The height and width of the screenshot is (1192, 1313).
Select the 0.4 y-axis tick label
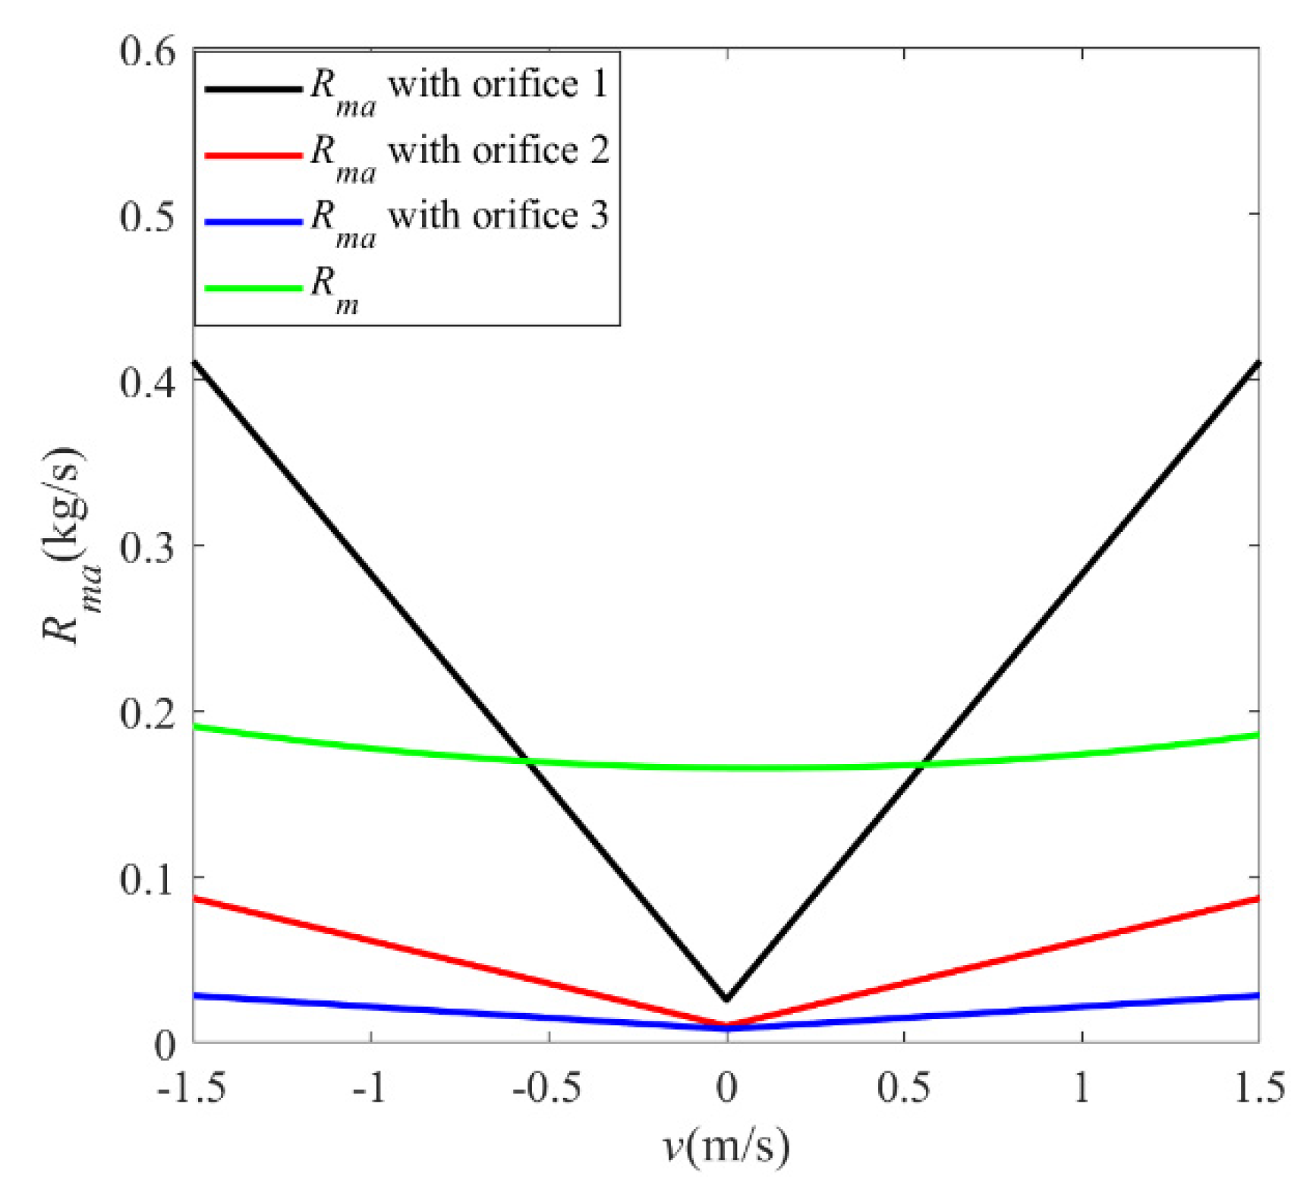[147, 381]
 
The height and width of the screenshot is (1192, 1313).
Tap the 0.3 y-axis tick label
[147, 546]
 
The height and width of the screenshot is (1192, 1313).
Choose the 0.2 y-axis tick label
[147, 712]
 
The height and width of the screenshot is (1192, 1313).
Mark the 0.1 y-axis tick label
[147, 878]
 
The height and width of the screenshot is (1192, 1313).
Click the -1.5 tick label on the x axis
[191, 1087]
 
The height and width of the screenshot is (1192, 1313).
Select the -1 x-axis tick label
[370, 1087]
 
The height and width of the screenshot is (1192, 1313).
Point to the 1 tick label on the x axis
[1082, 1087]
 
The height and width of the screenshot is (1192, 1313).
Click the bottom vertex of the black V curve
[726, 999]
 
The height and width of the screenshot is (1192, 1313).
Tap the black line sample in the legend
[253, 89]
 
